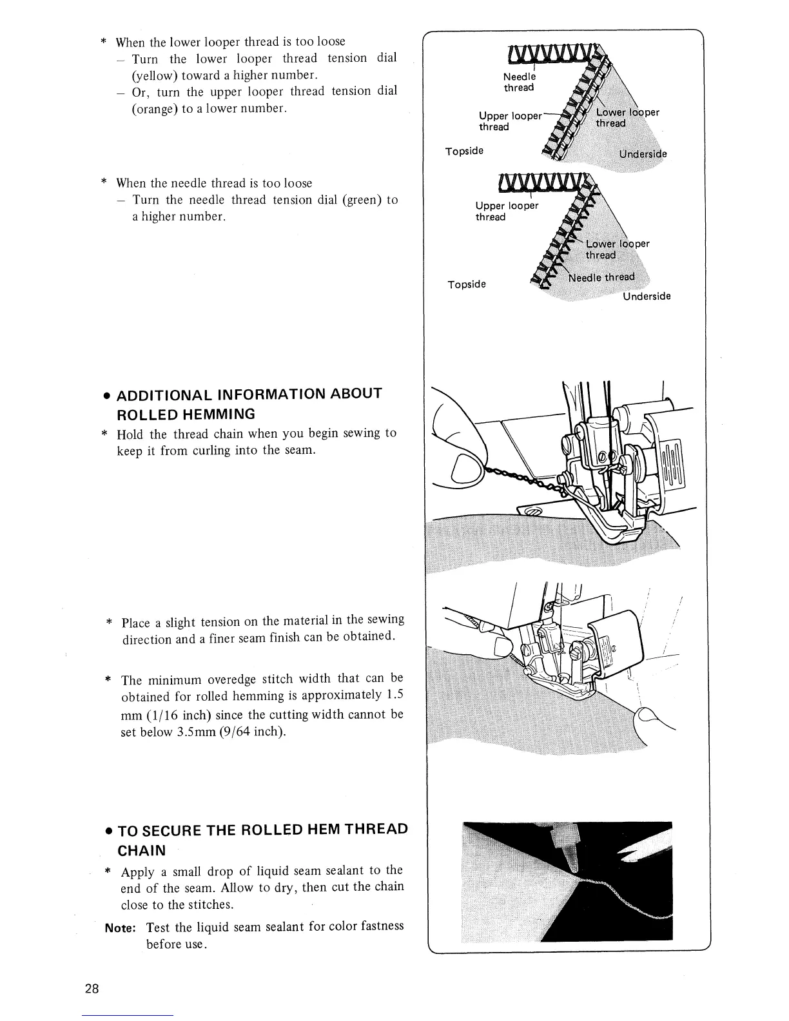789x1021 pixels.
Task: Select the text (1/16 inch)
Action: coord(175,715)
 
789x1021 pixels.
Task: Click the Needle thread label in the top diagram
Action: coord(518,82)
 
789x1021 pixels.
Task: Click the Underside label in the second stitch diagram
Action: coord(647,297)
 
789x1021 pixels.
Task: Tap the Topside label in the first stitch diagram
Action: coord(464,151)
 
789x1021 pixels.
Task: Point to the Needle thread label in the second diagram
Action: coord(602,278)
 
